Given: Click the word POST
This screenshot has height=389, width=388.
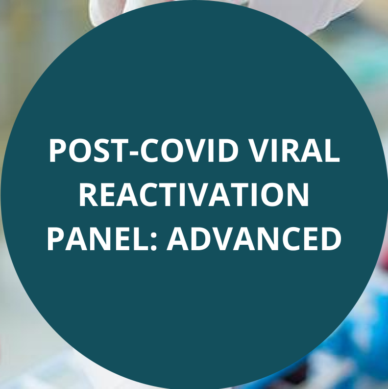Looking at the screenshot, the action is point(89,151).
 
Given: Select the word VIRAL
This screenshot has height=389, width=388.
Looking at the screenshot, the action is point(294,151).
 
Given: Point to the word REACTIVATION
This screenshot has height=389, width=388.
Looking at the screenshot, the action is point(194,194).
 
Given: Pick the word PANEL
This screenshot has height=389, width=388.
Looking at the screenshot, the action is point(97,239).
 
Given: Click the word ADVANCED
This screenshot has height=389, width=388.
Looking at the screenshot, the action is point(254,239).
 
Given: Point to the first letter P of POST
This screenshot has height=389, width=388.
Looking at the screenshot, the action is point(58,151).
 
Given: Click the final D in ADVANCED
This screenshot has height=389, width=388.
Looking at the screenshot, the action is point(332,239).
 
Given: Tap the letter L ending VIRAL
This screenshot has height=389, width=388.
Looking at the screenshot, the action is point(332,151).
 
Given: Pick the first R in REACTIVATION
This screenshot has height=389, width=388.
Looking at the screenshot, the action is point(89,194).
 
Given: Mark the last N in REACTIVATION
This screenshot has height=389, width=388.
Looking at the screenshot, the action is point(298,194).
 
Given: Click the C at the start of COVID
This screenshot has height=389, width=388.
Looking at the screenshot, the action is point(150,151).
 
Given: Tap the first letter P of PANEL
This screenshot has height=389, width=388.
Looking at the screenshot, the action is point(56,239).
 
